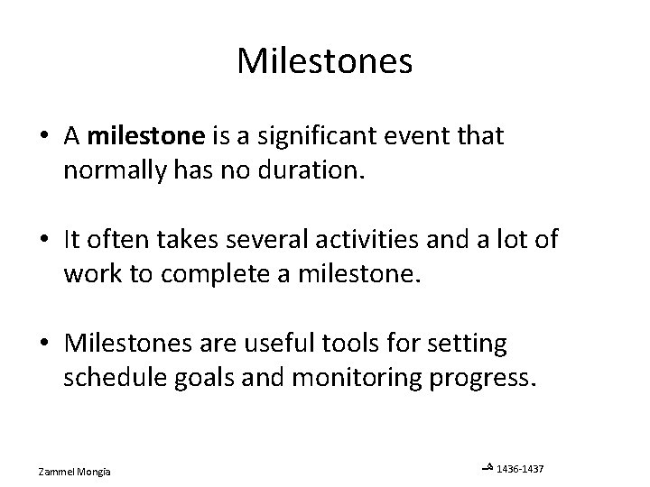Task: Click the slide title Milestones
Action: pos(325,61)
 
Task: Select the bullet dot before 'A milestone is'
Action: pos(44,136)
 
